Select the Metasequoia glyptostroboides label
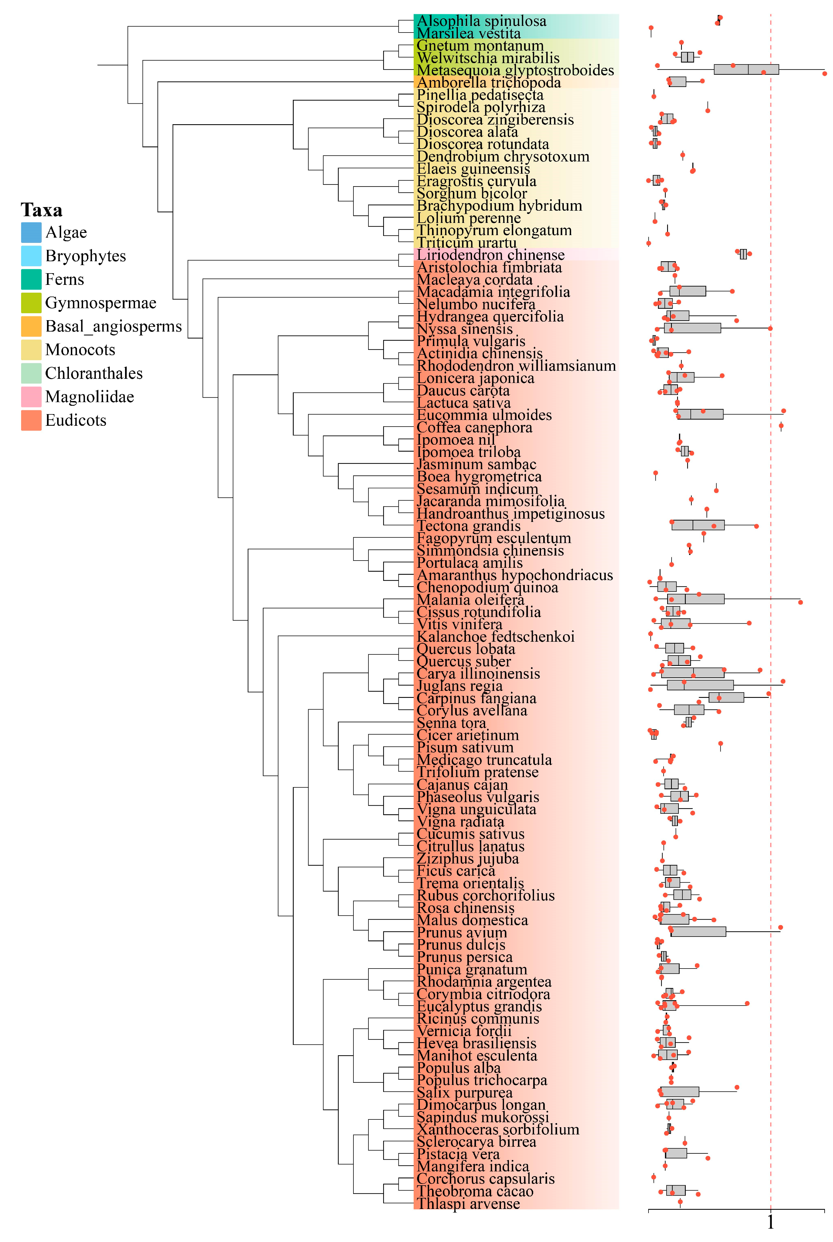coord(515,70)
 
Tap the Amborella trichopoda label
coord(489,83)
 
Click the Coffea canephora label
coord(474,428)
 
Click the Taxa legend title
coord(41,210)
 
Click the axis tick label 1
coord(770,1222)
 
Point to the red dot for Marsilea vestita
coord(651,28)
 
